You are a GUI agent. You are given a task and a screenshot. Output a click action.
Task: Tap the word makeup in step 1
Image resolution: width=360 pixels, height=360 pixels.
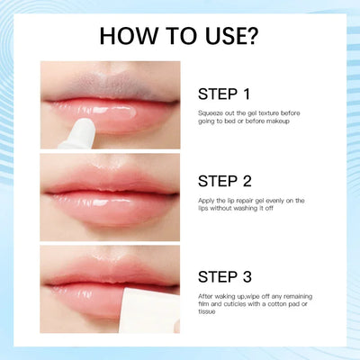(303, 121)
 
